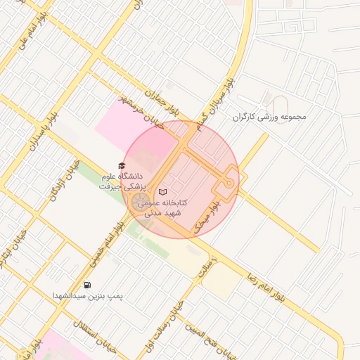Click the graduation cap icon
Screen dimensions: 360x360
122,165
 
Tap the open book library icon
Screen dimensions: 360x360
162,191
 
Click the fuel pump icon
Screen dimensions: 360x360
87,285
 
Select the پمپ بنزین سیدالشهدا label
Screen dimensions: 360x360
87,297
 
